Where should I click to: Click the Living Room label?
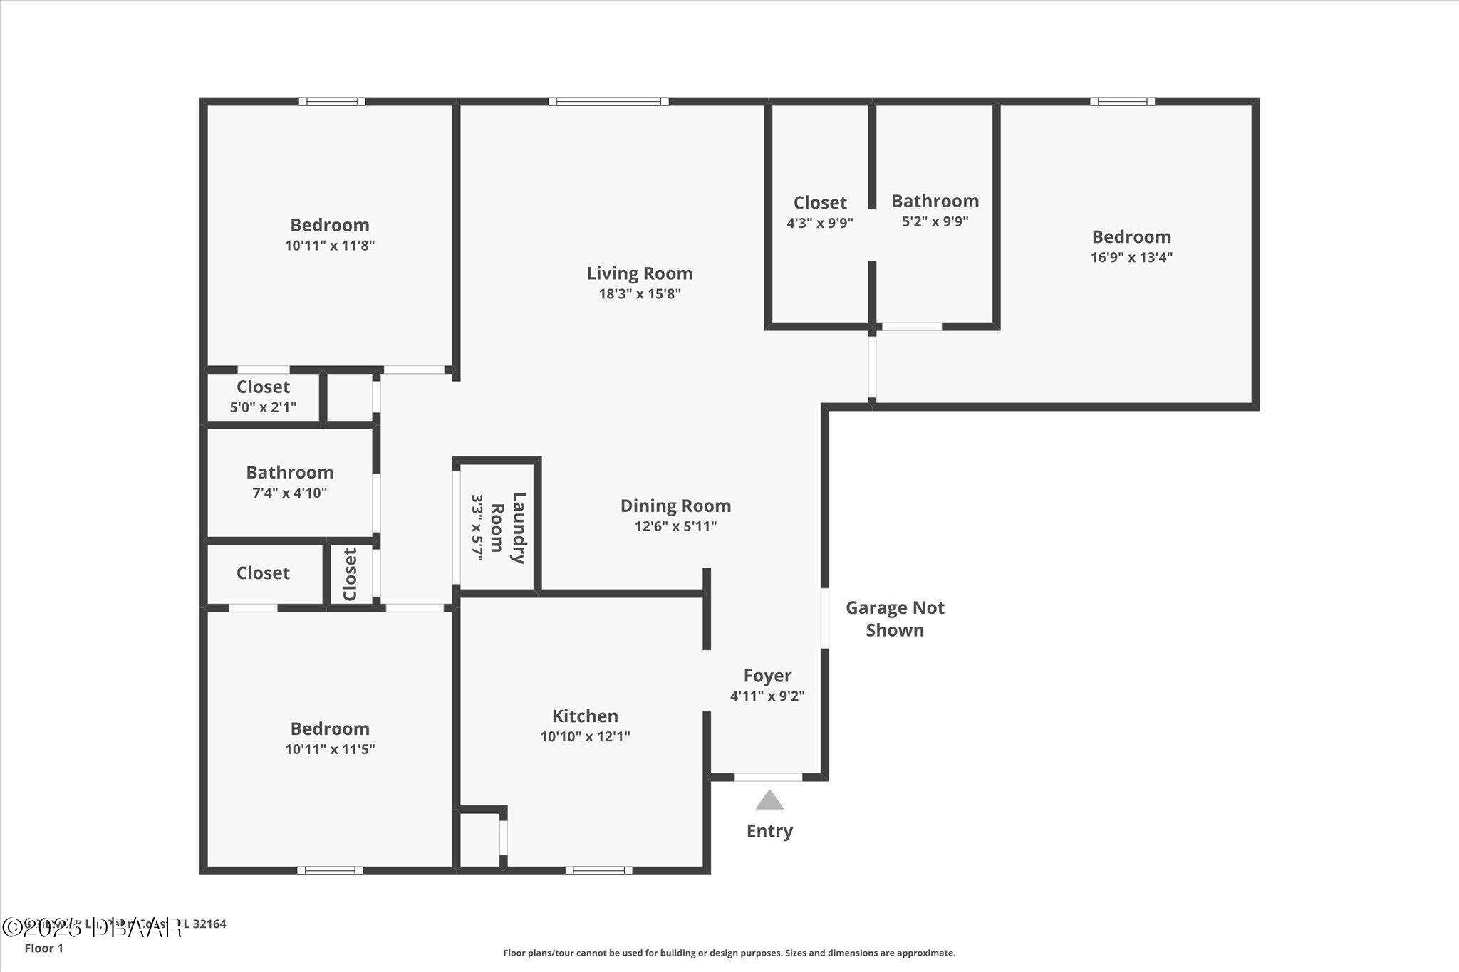pos(639,273)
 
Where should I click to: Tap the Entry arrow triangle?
pos(769,800)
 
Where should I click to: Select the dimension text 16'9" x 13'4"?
pos(1131,257)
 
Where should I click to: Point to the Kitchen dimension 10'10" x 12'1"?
pos(585,736)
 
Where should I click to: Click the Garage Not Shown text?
pos(895,618)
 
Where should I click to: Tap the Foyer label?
pos(767,675)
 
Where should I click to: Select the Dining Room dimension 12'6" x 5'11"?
pos(675,526)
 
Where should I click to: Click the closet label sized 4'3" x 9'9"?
pos(820,203)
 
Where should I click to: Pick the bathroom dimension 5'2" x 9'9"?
pos(935,221)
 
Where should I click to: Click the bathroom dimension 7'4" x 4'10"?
pos(289,493)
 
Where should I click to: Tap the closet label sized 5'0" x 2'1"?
pos(263,387)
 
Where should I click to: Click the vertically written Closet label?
pos(350,574)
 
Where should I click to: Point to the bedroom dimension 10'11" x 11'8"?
pos(330,246)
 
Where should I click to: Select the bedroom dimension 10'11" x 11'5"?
pos(330,749)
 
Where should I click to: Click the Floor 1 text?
pos(43,948)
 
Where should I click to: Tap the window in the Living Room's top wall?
pos(608,102)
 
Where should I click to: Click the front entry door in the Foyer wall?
pos(768,777)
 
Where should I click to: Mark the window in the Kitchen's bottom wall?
pos(598,870)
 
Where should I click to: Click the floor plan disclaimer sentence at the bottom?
pos(729,953)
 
